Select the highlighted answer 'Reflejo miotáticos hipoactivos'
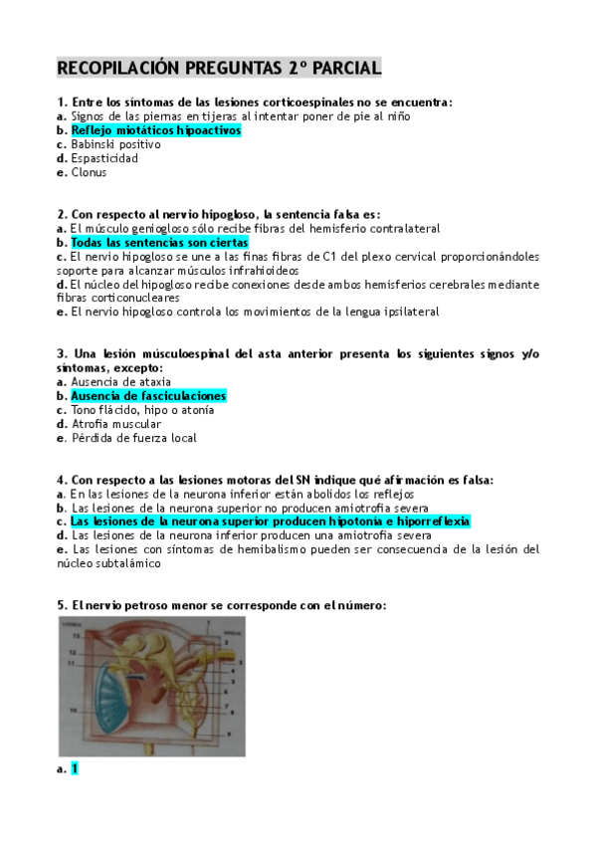point(156,130)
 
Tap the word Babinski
point(96,144)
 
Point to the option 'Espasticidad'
point(104,158)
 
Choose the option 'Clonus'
point(89,172)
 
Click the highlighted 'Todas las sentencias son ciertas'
point(159,243)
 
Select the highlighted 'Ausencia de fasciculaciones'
point(148,396)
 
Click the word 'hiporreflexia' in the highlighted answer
point(437,521)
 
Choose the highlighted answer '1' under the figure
point(75,768)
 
